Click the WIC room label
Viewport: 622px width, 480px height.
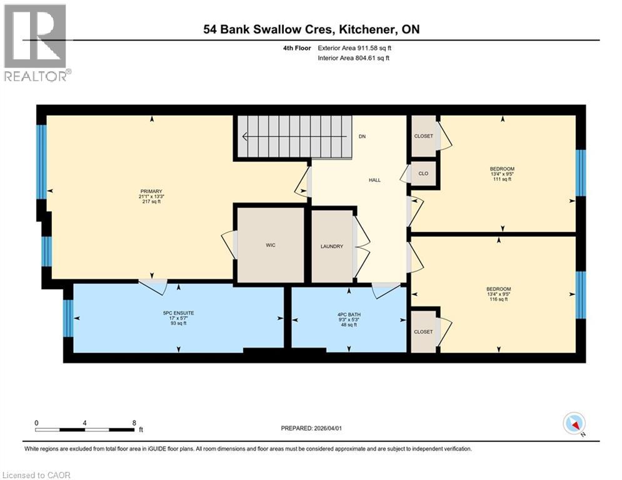(x=269, y=246)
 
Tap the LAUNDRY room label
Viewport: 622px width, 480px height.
(x=331, y=246)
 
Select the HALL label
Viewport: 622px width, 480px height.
(x=374, y=180)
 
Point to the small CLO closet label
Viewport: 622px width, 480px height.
(x=423, y=173)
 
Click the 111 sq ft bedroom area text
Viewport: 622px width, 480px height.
(x=502, y=179)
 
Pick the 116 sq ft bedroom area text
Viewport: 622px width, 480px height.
(x=499, y=299)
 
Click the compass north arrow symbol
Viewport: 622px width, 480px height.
(x=573, y=424)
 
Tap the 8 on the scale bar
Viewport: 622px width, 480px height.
(x=134, y=422)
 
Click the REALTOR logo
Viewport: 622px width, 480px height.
(x=36, y=43)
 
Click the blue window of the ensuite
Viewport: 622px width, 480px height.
(x=68, y=318)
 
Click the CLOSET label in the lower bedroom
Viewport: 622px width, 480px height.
(x=423, y=332)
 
